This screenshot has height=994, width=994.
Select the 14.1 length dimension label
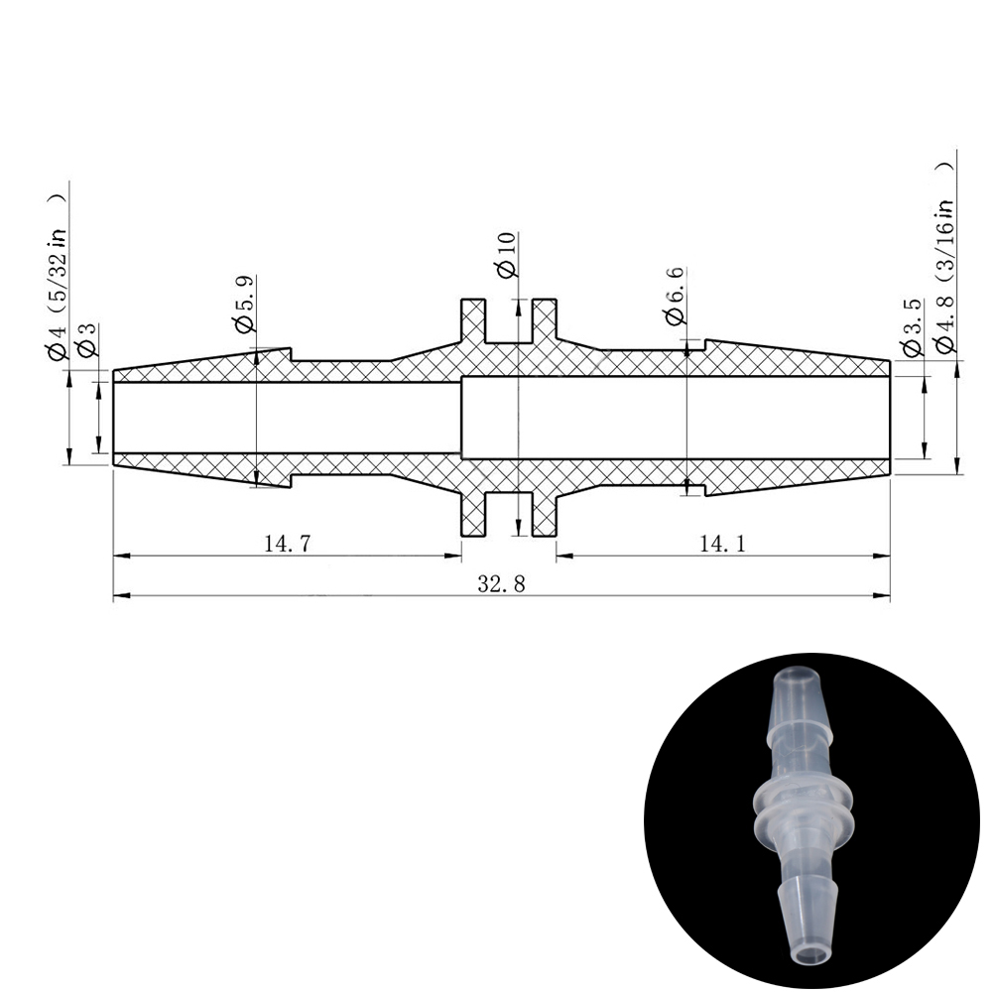[x=722, y=544]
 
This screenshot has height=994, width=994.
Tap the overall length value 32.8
[x=501, y=583]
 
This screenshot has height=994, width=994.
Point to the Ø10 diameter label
[x=508, y=255]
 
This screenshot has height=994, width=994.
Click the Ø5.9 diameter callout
[x=244, y=304]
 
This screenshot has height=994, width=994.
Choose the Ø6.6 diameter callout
[x=676, y=296]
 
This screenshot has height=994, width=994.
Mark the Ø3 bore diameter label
[x=86, y=339]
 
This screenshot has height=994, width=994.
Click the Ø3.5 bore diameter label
[x=911, y=329]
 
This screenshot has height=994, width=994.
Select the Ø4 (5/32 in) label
[x=57, y=277]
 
